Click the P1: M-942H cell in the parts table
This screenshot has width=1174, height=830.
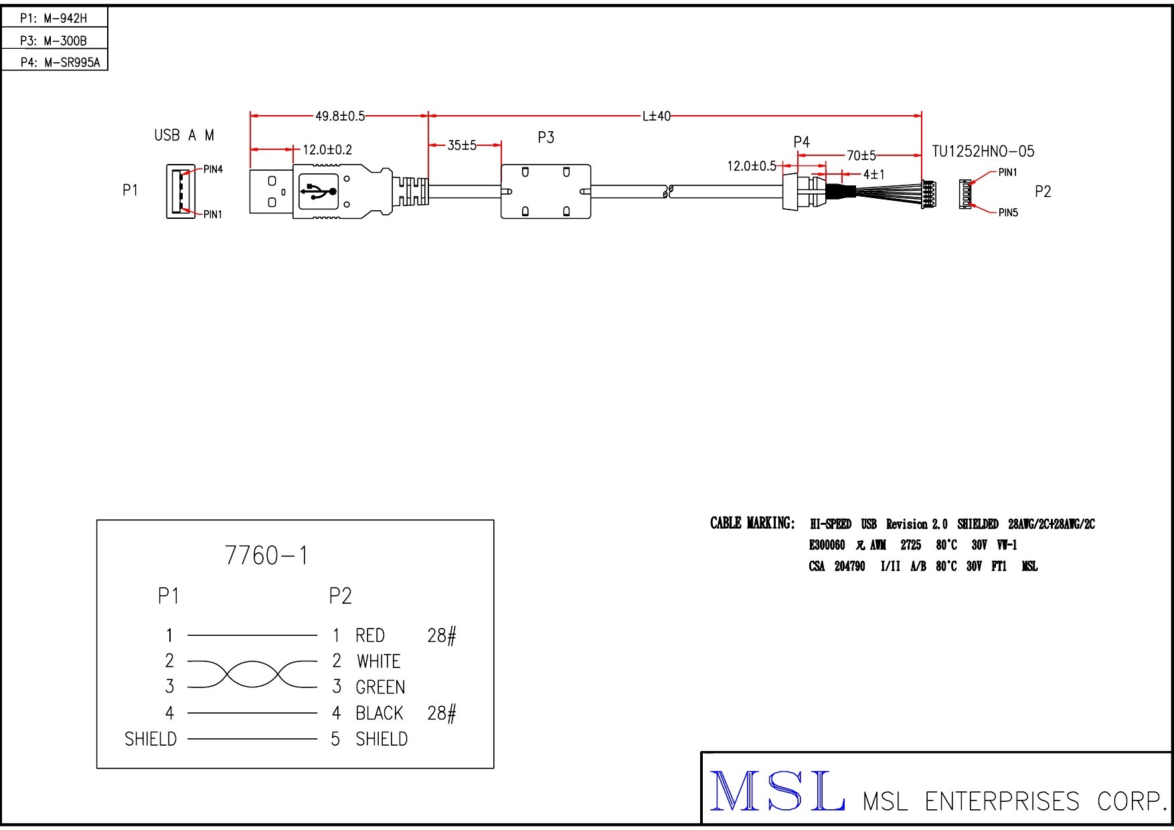coord(54,18)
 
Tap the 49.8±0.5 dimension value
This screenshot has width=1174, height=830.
coord(340,116)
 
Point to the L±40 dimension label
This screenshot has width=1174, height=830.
coord(656,116)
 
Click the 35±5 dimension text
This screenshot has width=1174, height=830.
coord(462,145)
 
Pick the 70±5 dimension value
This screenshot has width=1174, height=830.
coord(861,156)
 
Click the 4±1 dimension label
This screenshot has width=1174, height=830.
coord(873,174)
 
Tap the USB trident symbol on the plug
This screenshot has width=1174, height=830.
coord(319,191)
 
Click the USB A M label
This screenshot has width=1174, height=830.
coord(184,135)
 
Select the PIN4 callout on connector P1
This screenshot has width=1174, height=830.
coord(213,169)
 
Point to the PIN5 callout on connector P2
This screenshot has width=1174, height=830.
coord(1007,213)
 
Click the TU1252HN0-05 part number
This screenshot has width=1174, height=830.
coord(983,151)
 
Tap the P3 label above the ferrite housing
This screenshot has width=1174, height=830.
coord(546,138)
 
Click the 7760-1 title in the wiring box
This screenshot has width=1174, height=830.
coord(266,556)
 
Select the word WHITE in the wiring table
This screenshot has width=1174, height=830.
coord(378,661)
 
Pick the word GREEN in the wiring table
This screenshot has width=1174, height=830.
coord(380,687)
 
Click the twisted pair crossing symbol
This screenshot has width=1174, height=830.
coord(252,674)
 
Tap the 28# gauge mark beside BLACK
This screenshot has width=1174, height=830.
coord(442,714)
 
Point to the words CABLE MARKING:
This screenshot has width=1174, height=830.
coord(752,523)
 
